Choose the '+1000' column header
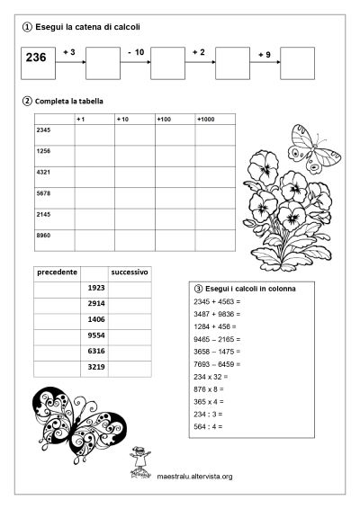(205, 120)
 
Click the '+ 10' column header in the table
(124, 120)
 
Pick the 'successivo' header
(130, 271)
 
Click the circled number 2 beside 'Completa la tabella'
(27, 100)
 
